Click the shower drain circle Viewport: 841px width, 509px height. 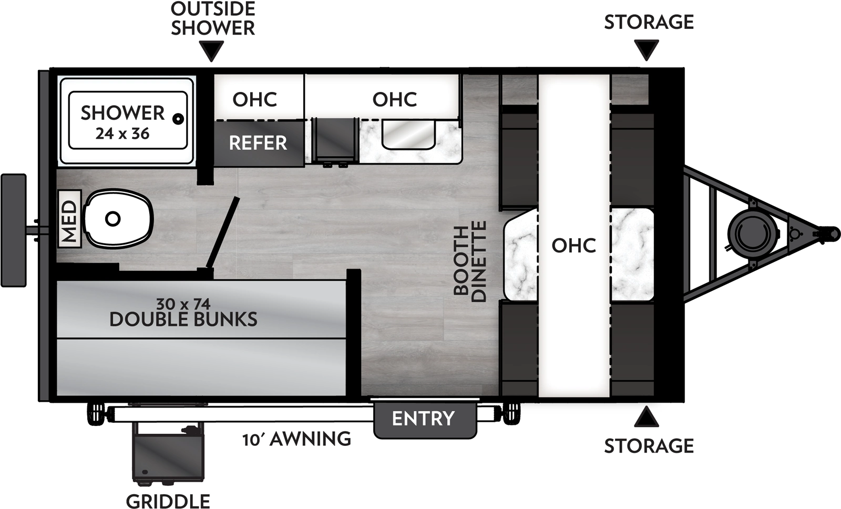coord(179,119)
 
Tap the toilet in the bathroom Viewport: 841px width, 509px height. coord(118,219)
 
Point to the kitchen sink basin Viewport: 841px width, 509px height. coord(408,135)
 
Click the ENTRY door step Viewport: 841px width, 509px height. coord(424,419)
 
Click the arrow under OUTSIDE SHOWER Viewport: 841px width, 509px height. coord(212,51)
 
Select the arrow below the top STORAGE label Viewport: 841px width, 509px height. coord(647,50)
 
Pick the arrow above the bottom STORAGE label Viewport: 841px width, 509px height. coord(647,418)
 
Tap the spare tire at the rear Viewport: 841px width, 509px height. coord(14,230)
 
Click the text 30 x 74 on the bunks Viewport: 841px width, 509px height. coord(183,304)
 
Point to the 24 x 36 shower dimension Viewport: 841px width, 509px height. coord(122,134)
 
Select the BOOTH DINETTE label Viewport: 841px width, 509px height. coord(470,261)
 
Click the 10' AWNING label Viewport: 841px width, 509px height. coord(296,439)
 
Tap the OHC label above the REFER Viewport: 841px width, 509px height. coord(255,99)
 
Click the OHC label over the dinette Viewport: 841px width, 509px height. coord(573,245)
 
